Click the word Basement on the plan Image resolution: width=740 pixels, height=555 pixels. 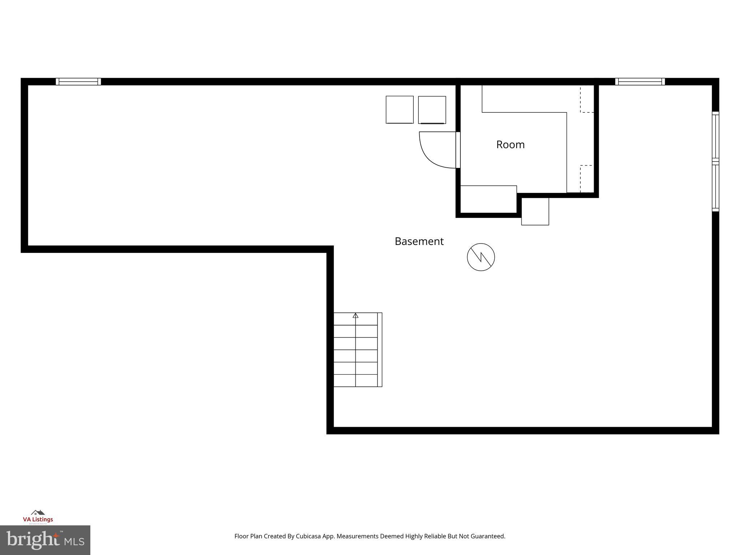pyautogui.click(x=419, y=241)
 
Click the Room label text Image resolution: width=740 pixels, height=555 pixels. pyautogui.click(x=510, y=145)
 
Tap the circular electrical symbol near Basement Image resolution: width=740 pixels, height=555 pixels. pyautogui.click(x=481, y=257)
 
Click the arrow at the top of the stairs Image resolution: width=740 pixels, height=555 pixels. pyautogui.click(x=356, y=315)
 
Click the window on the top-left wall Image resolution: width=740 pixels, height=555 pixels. pyautogui.click(x=78, y=82)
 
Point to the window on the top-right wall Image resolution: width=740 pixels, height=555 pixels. pyautogui.click(x=640, y=82)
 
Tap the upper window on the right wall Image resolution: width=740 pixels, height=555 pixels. pyautogui.click(x=715, y=136)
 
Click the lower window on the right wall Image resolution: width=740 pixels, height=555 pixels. pyautogui.click(x=715, y=187)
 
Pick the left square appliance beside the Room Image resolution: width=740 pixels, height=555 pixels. pyautogui.click(x=399, y=109)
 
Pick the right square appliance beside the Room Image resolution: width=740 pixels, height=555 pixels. pyautogui.click(x=432, y=110)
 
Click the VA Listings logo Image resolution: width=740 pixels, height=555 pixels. pyautogui.click(x=38, y=517)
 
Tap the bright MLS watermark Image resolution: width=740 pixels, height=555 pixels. pyautogui.click(x=45, y=540)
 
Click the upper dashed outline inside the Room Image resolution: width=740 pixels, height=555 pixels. pyautogui.click(x=587, y=99)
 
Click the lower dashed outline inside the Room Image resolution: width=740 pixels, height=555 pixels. pyautogui.click(x=587, y=178)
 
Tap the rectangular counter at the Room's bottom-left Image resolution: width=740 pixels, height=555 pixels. pyautogui.click(x=488, y=199)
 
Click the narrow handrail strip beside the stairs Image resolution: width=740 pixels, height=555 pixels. pyautogui.click(x=380, y=350)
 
